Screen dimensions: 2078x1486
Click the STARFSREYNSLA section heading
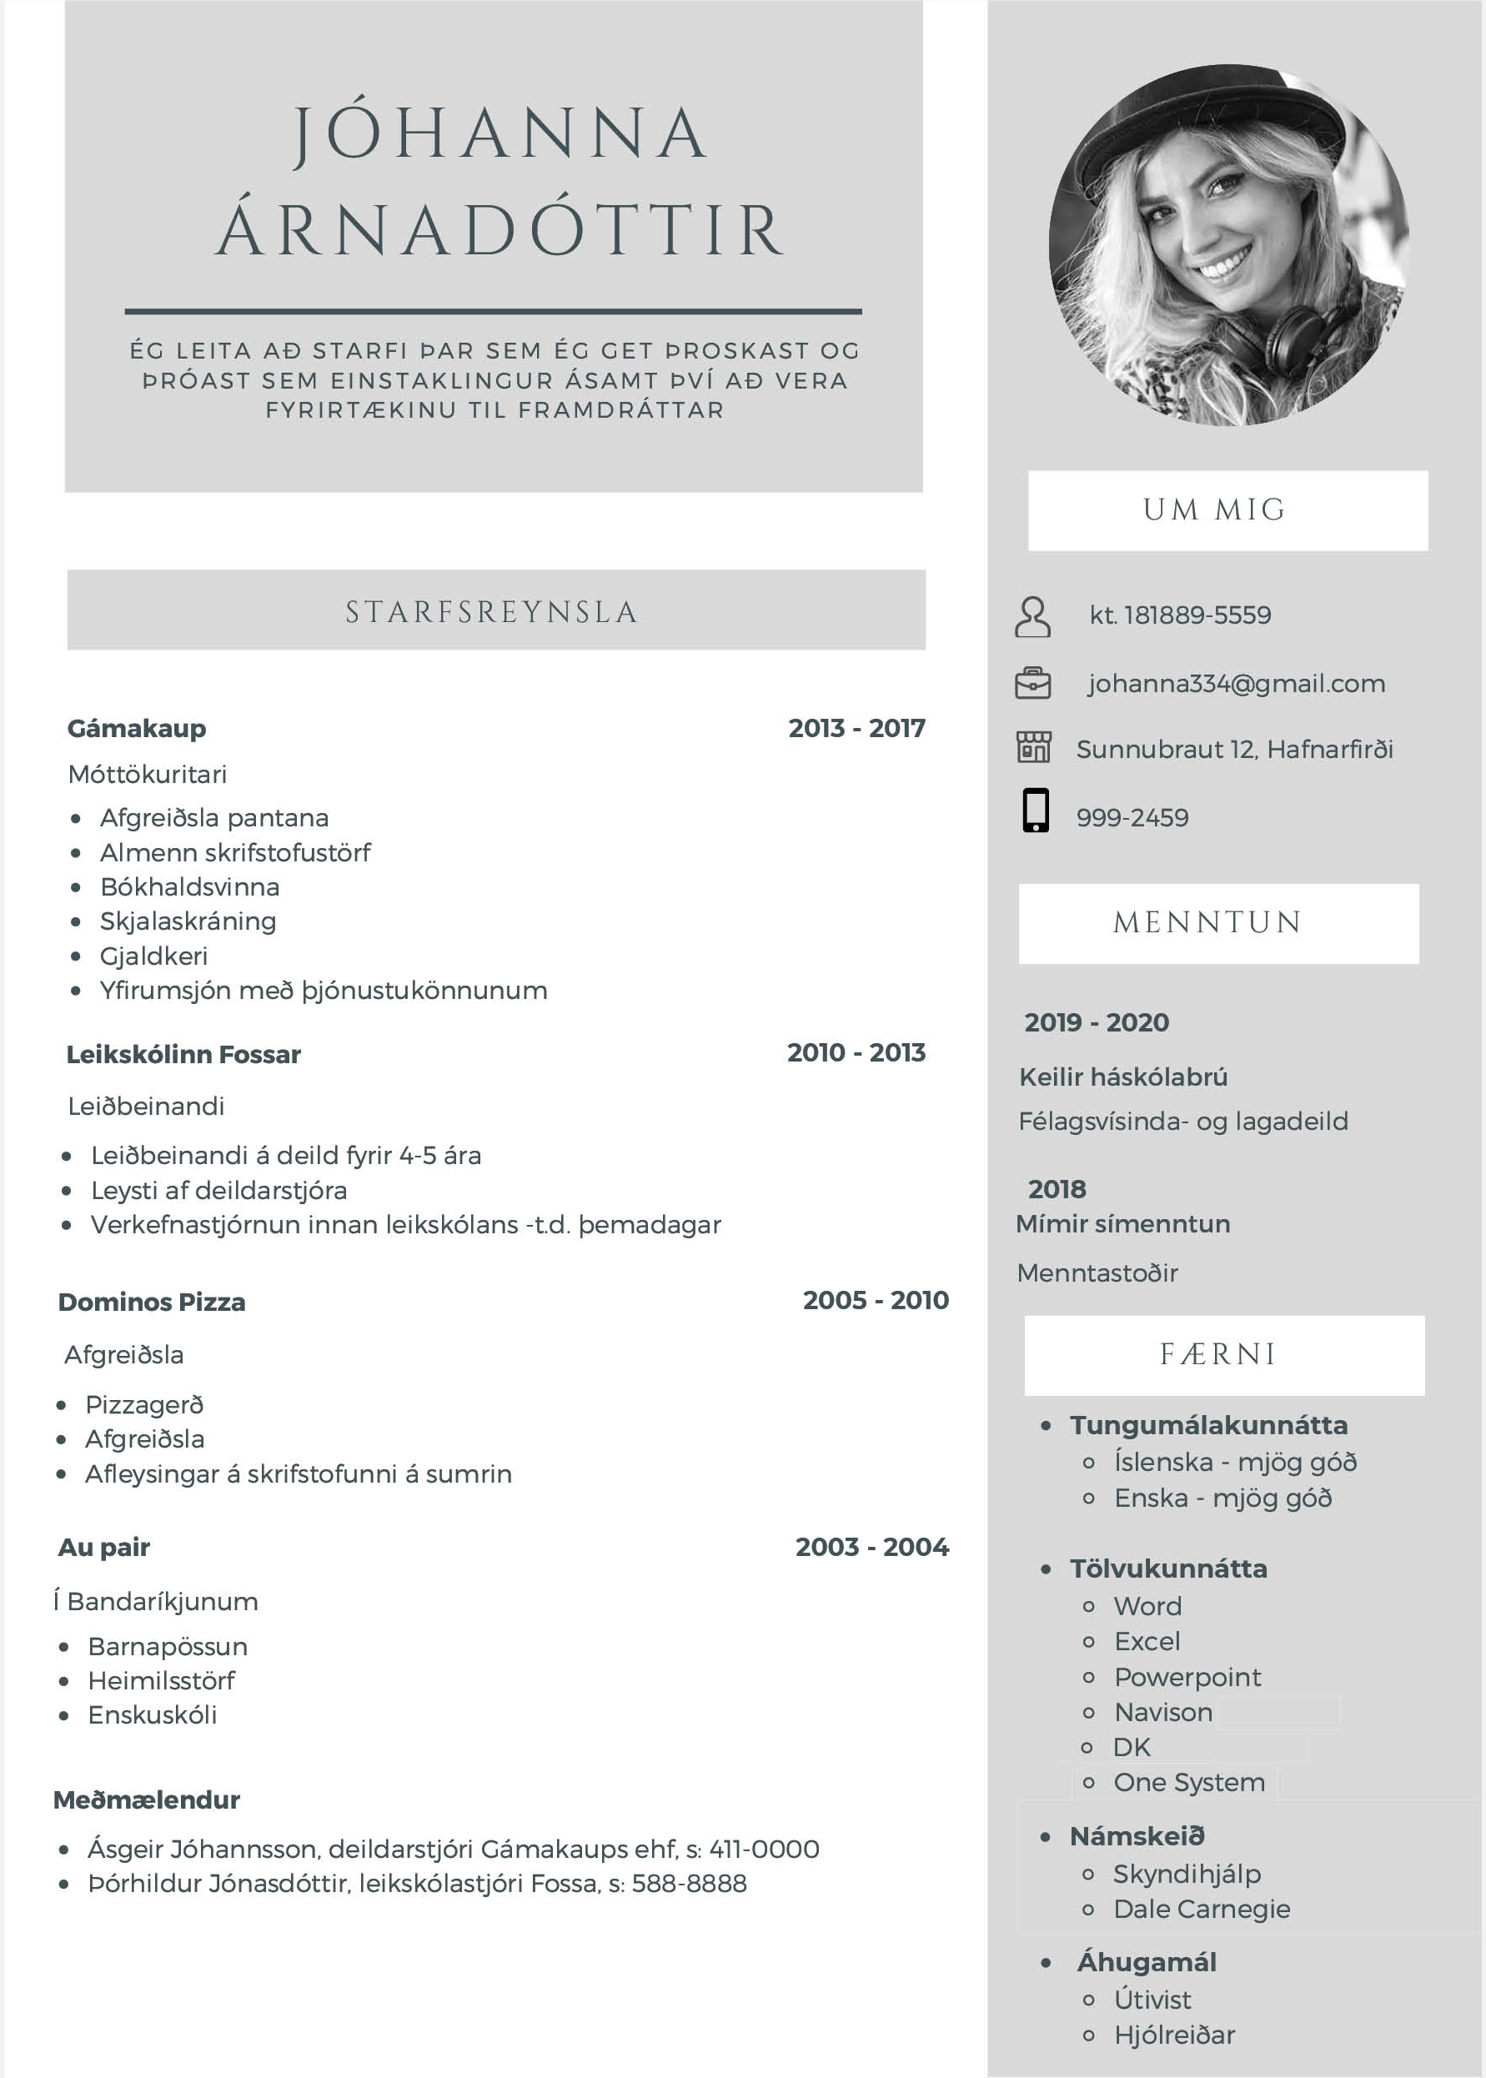(491, 611)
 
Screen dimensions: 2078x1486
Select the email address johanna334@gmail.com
(1235, 684)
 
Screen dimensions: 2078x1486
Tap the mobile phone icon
(1035, 810)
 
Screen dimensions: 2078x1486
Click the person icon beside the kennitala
(1032, 617)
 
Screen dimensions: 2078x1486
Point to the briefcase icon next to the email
(1032, 684)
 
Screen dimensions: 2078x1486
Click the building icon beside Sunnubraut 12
(1033, 748)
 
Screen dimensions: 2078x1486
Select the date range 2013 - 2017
(856, 728)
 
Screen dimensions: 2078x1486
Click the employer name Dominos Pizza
(152, 1302)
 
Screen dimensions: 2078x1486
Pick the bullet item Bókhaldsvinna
(189, 886)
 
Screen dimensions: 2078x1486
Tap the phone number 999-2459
(1132, 818)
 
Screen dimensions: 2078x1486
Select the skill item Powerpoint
(1187, 1677)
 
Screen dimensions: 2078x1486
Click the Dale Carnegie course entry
(1202, 1910)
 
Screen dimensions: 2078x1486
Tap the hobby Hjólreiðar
(1174, 2035)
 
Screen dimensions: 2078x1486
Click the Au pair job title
(104, 1548)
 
